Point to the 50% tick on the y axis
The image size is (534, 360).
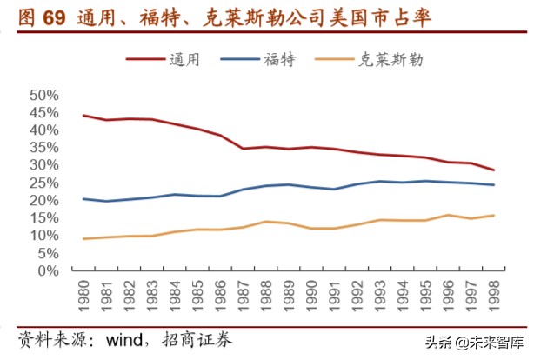43,95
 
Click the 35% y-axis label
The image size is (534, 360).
43,148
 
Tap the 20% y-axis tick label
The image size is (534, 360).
43,200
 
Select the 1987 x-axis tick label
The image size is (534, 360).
246,296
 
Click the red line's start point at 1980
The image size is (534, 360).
83,115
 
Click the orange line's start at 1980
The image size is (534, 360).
83,238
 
